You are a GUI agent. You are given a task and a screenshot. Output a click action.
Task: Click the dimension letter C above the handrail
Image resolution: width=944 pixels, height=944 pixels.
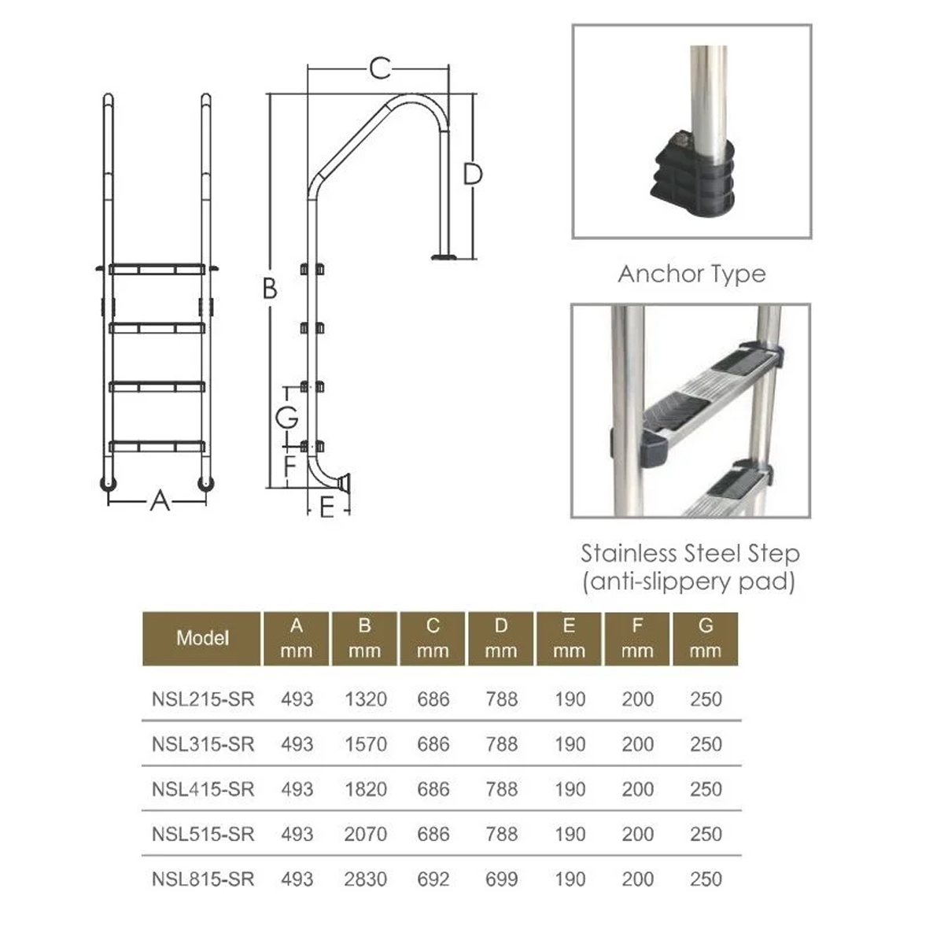[380, 68]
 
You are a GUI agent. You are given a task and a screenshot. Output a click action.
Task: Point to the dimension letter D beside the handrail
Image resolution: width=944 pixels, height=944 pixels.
[473, 174]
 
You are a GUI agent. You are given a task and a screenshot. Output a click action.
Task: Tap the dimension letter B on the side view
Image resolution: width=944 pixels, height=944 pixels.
[270, 288]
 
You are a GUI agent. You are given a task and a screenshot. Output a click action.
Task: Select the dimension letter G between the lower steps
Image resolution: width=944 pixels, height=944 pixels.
[286, 418]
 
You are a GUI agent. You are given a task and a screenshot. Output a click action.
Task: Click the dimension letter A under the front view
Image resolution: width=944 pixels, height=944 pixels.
[160, 500]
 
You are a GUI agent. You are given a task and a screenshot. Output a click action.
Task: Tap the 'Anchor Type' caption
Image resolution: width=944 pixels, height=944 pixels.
[691, 274]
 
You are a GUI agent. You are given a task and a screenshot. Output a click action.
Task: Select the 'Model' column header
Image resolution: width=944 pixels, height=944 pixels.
[202, 638]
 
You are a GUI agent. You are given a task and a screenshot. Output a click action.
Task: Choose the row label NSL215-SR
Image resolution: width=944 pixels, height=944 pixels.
[203, 699]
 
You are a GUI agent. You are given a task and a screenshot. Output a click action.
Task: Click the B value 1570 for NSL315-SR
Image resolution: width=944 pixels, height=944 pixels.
[366, 744]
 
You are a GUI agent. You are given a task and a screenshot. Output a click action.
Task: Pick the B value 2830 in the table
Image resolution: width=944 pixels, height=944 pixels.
[366, 879]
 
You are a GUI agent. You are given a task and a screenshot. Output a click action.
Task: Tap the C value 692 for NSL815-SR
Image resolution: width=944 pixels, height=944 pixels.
[433, 879]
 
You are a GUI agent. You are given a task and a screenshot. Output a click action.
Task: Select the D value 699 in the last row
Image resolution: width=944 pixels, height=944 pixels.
[501, 879]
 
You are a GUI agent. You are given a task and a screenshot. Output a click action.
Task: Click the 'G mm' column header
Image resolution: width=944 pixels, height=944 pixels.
[706, 638]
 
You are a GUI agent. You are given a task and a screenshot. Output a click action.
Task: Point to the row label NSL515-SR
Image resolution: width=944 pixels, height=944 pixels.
[203, 834]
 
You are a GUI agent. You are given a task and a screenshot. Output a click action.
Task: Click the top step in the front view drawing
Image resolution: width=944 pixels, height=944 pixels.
[157, 269]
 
